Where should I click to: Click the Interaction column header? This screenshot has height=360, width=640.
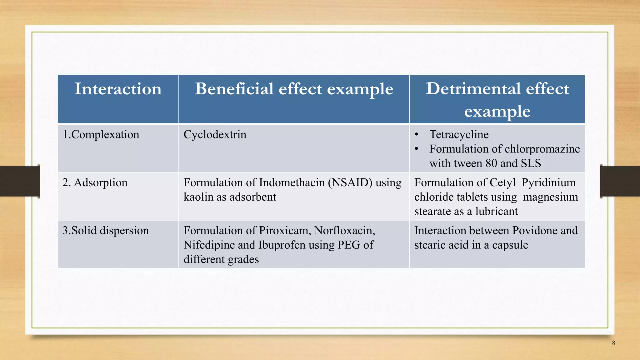click(x=118, y=89)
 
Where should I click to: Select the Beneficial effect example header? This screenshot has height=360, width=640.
click(x=294, y=89)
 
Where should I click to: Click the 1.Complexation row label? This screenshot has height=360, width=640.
click(x=101, y=135)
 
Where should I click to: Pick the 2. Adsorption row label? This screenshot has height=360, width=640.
click(x=95, y=182)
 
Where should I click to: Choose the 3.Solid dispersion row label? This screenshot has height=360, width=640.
click(x=106, y=231)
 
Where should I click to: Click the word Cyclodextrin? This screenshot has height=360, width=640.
click(x=215, y=135)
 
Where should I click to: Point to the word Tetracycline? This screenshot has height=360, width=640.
click(x=459, y=135)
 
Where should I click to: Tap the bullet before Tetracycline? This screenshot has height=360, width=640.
click(x=417, y=135)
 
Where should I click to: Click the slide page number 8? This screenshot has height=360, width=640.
click(x=613, y=343)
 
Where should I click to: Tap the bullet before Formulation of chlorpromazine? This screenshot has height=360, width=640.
click(x=417, y=149)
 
